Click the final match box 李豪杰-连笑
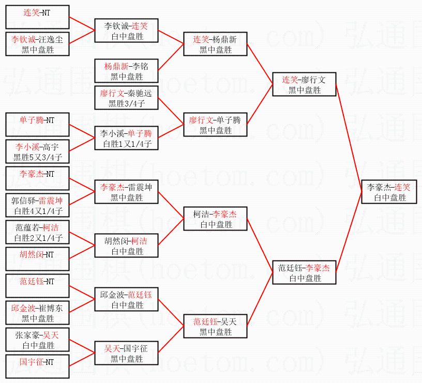(x=390, y=192)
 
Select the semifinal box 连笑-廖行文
(x=305, y=84)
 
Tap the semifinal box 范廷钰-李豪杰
(x=305, y=272)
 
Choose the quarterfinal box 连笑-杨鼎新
(x=215, y=44)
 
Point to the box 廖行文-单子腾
(x=215, y=125)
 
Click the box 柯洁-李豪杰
(x=215, y=219)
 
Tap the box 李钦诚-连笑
(x=126, y=30)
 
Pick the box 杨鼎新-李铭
(x=126, y=71)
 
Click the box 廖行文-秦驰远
(x=126, y=98)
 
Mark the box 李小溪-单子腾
(x=126, y=138)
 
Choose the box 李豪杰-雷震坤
(x=126, y=192)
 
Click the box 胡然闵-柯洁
(x=126, y=246)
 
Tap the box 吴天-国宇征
(x=126, y=354)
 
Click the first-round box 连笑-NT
(x=38, y=17)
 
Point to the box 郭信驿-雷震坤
(x=38, y=205)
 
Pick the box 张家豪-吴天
(x=38, y=340)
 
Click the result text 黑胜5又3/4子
(x=38, y=158)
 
